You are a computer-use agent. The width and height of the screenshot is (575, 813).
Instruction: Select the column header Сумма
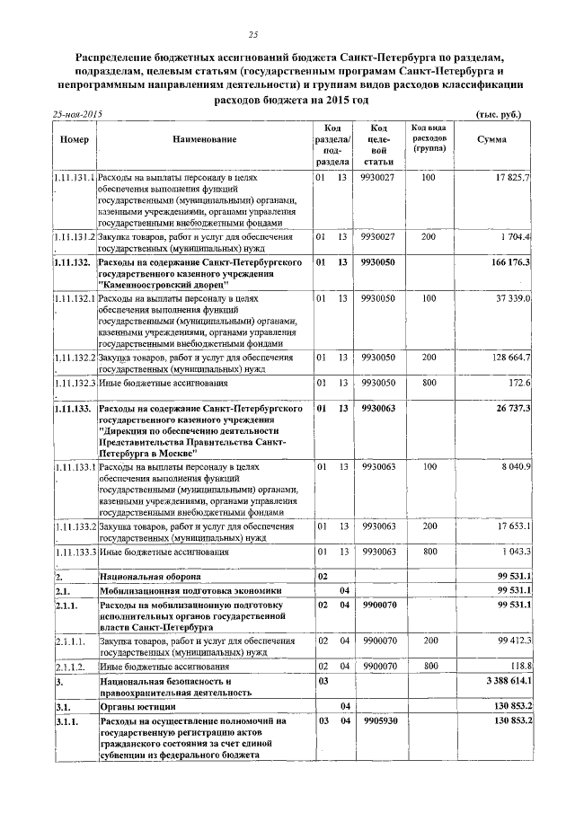[491, 139]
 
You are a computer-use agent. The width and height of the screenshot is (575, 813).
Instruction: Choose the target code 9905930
[379, 720]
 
